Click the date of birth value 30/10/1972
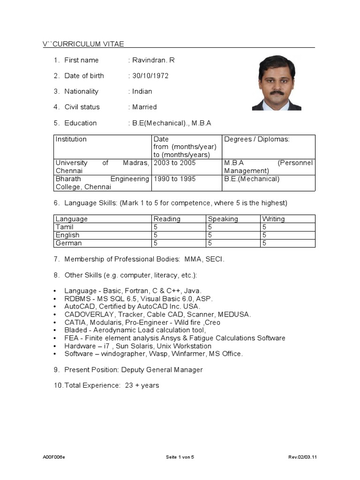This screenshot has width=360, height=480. (x=150, y=75)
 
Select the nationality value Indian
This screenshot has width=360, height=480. (x=142, y=91)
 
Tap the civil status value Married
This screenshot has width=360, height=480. (x=144, y=107)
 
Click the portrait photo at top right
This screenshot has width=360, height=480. (x=277, y=83)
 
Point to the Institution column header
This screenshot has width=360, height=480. (x=71, y=139)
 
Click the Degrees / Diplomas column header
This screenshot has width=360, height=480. (x=257, y=139)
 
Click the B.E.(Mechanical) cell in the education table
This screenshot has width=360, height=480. (x=252, y=179)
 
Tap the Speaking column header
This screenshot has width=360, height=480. (x=223, y=219)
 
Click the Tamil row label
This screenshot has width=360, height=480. (x=65, y=227)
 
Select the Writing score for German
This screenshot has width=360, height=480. (x=264, y=243)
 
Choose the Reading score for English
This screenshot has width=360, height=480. (x=156, y=235)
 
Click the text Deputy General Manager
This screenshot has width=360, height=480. (x=162, y=370)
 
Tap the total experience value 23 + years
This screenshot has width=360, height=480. (x=142, y=385)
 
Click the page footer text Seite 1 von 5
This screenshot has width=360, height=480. (x=180, y=457)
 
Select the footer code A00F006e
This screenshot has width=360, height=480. (x=54, y=457)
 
